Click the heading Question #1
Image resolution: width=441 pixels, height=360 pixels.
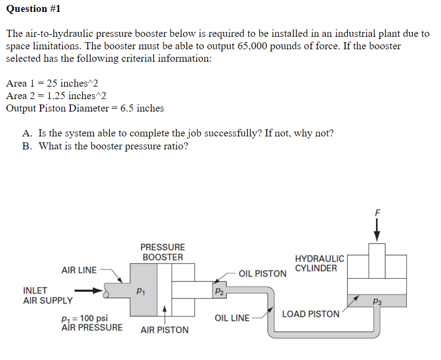[34, 9]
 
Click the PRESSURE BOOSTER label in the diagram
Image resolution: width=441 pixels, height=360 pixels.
[163, 252]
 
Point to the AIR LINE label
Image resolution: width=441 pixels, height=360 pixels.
[79, 270]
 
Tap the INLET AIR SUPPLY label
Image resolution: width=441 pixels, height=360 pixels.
[48, 295]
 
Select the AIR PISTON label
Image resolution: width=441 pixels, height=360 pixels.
[164, 330]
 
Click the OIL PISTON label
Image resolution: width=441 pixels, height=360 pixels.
[262, 273]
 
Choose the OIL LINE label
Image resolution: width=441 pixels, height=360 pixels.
[232, 318]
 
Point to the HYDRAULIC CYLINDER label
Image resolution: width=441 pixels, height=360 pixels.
[319, 264]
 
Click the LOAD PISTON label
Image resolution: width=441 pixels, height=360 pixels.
[311, 314]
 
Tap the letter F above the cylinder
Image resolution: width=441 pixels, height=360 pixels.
[377, 213]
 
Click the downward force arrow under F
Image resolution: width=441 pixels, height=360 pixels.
[377, 230]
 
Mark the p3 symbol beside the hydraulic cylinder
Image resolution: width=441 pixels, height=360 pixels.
[377, 302]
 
